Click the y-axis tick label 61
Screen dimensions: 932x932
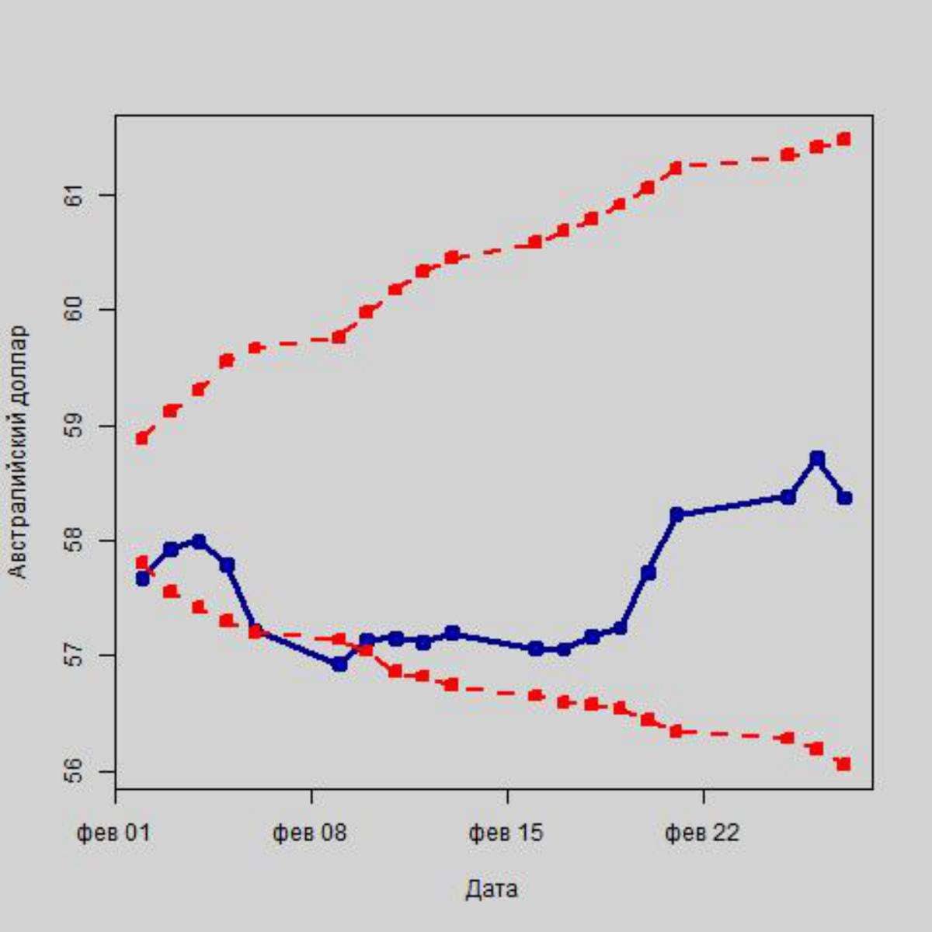click(75, 194)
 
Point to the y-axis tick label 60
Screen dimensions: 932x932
click(75, 309)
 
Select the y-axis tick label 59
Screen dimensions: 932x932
click(75, 426)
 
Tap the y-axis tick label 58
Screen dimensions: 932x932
click(75, 541)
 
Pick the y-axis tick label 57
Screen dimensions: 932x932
click(75, 656)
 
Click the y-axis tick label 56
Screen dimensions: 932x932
click(75, 771)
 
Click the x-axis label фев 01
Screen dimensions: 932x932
click(113, 833)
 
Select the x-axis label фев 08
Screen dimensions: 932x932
click(310, 833)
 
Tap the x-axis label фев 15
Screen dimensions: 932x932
click(506, 833)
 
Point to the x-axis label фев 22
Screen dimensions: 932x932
click(703, 833)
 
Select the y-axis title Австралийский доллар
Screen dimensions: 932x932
click(19, 452)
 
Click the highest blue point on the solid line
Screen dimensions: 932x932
click(816, 458)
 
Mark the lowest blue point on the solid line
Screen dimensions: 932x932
click(339, 663)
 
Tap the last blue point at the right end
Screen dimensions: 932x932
click(844, 497)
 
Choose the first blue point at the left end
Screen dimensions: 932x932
click(142, 579)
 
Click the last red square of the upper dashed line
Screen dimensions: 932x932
click(844, 139)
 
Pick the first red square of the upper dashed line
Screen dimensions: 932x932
click(142, 438)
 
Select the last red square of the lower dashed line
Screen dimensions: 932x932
click(844, 764)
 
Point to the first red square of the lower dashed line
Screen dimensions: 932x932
click(141, 562)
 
